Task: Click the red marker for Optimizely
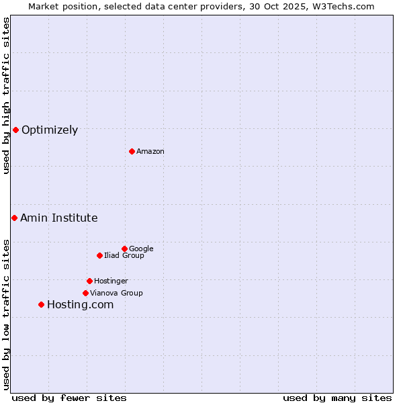pos(15,130)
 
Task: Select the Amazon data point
pos(132,151)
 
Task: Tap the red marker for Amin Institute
pos(14,218)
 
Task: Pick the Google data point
pos(124,249)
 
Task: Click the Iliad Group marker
pos(99,255)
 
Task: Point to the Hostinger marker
pos(89,281)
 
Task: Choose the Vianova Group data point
pos(85,293)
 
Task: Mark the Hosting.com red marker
pos(41,304)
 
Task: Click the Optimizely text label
pos(50,130)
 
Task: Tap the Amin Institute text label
pos(59,218)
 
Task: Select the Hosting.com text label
pos(80,305)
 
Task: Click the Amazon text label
pos(150,152)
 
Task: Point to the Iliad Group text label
pos(124,256)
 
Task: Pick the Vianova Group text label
pos(116,294)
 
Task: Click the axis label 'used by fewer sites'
pos(69,398)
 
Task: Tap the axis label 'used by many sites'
pos(337,398)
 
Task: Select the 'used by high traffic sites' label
pos(7,95)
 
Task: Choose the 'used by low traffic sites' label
pos(7,314)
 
